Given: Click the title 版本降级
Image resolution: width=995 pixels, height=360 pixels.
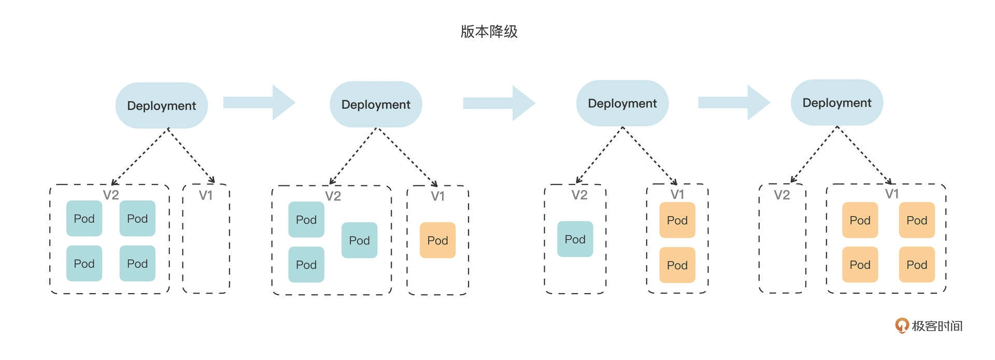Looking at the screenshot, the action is pyautogui.click(x=489, y=32).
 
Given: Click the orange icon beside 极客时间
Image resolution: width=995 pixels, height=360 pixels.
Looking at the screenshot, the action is pyautogui.click(x=902, y=325).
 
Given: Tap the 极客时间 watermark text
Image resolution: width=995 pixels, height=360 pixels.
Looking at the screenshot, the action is pyautogui.click(x=937, y=326).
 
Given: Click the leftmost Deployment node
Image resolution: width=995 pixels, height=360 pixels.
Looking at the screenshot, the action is pyautogui.click(x=162, y=105).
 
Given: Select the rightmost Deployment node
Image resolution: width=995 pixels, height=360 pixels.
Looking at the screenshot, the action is pyautogui.click(x=837, y=103).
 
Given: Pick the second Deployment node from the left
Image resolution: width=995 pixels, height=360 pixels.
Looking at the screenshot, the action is pyautogui.click(x=376, y=104).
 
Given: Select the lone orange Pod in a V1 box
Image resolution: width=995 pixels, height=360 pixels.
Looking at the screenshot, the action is pyautogui.click(x=437, y=240).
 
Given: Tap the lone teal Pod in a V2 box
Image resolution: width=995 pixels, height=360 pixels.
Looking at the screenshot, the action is pyautogui.click(x=575, y=239).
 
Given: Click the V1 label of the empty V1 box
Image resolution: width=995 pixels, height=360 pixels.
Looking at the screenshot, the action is pyautogui.click(x=206, y=195).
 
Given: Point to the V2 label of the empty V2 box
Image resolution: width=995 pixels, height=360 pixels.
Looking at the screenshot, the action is pyautogui.click(x=782, y=195).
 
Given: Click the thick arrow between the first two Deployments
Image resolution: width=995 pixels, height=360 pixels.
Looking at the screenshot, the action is pyautogui.click(x=259, y=103).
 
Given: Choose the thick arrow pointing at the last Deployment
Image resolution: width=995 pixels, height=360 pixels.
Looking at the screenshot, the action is pyautogui.click(x=734, y=103).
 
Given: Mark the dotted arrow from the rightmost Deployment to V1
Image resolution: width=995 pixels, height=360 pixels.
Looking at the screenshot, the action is pyautogui.click(x=864, y=155).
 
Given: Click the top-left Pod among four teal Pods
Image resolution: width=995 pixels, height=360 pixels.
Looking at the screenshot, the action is pyautogui.click(x=84, y=219).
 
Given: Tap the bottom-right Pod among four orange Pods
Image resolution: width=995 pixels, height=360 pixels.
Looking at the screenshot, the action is pyautogui.click(x=917, y=265).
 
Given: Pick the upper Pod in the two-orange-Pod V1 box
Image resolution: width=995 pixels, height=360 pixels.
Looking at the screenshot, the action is pyautogui.click(x=677, y=220).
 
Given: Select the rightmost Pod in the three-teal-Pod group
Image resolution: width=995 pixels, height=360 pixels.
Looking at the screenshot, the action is pyautogui.click(x=359, y=240).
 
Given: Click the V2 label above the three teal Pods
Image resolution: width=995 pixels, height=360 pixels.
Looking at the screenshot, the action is pyautogui.click(x=333, y=196).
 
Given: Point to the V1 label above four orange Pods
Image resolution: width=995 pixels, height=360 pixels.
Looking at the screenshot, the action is pyautogui.click(x=891, y=194).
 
